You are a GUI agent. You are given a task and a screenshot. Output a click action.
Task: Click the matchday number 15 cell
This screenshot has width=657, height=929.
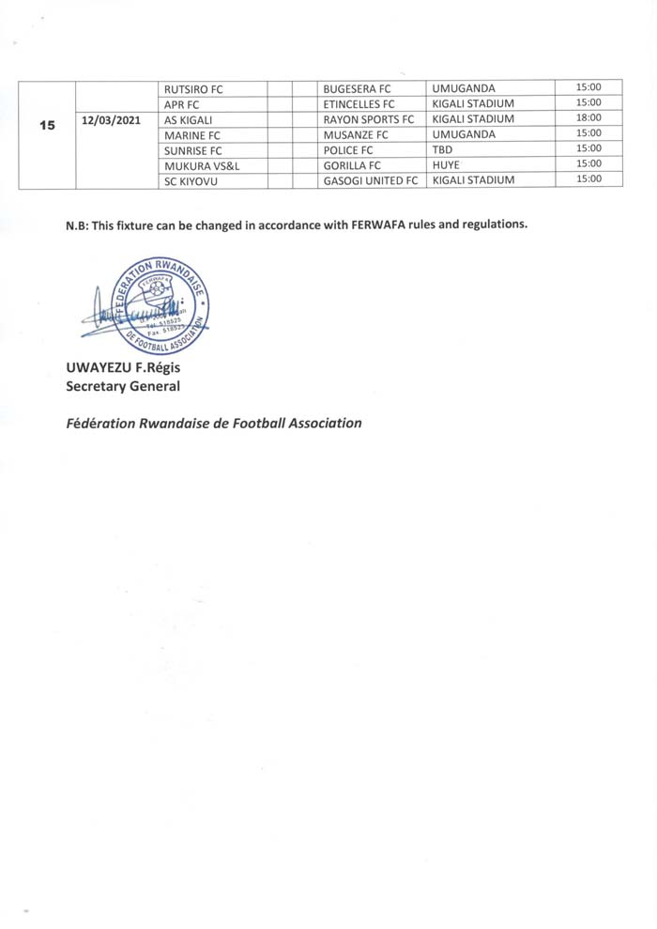[x=47, y=125]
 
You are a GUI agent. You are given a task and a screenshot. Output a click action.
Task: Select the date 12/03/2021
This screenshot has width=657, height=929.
[x=112, y=120]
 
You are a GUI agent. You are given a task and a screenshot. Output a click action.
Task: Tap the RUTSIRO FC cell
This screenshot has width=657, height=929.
[x=193, y=89]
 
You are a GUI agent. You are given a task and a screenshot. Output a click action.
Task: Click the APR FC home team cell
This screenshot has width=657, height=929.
[x=183, y=104]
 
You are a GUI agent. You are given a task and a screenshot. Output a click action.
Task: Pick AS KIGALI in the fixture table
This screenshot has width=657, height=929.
[x=189, y=119]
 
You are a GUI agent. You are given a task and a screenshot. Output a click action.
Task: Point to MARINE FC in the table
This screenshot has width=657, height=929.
[x=191, y=135]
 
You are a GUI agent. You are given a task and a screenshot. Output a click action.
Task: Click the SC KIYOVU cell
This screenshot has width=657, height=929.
[x=191, y=180]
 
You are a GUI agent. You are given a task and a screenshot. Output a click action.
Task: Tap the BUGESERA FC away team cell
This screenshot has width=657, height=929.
[x=356, y=89]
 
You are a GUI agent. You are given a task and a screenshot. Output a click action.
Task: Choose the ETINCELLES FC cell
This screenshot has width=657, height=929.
[x=359, y=104]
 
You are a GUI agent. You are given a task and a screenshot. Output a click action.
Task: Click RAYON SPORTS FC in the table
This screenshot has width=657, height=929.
[x=368, y=119]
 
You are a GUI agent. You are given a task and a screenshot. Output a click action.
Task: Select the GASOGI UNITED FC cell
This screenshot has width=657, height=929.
[x=370, y=180]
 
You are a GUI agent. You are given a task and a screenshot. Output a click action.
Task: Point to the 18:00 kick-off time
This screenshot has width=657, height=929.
[x=588, y=118]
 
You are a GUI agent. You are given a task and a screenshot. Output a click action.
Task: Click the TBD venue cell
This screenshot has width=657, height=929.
[x=443, y=149]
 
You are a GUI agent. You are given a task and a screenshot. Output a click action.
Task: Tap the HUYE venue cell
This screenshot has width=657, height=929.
[x=446, y=164]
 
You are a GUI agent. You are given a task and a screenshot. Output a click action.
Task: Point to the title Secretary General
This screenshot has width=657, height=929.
[x=122, y=385]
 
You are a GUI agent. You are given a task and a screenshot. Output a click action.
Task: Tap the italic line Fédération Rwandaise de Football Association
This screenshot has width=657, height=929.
[x=213, y=423]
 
